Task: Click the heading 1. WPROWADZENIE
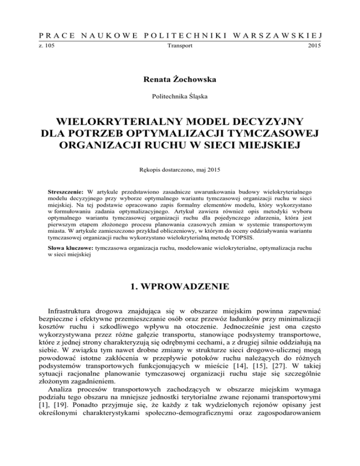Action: [x=180, y=285]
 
